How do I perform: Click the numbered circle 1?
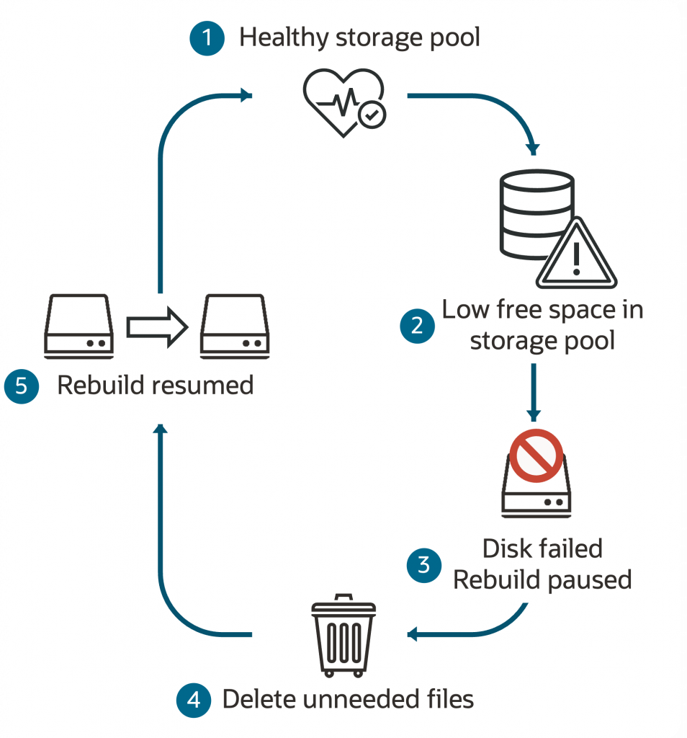point(208,37)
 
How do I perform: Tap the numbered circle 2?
point(418,326)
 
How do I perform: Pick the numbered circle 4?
point(194,698)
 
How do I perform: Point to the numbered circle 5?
point(21,386)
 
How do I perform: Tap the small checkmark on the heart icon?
point(372,114)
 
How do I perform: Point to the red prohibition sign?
point(535,455)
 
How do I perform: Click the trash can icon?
point(343,635)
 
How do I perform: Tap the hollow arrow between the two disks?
point(156,327)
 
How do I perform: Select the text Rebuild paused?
point(542,579)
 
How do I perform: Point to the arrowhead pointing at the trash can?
point(413,634)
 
